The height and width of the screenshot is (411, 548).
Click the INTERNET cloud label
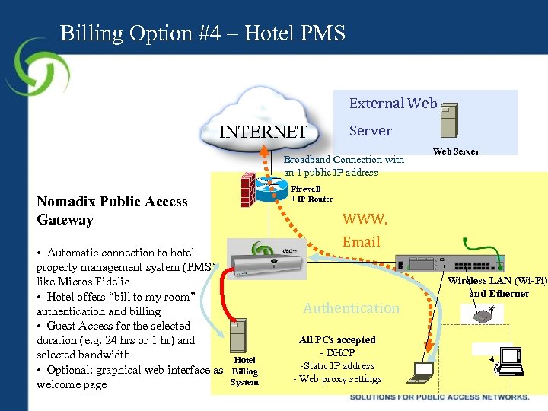point(263,132)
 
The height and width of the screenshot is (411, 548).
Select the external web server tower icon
point(450,119)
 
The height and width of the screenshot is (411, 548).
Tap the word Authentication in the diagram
point(351,308)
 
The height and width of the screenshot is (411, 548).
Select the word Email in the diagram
point(361,242)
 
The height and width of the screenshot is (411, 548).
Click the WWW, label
point(365,220)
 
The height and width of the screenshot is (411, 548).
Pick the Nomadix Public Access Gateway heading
point(112,211)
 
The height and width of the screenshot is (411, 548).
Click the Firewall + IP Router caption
point(311,194)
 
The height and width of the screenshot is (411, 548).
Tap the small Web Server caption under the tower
point(456,151)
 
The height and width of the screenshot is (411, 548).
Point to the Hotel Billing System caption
point(244,371)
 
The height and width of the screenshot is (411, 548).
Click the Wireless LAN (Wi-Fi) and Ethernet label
point(498,287)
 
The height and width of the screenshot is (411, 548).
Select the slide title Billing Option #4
point(202,33)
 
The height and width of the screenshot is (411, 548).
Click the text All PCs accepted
point(337,340)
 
